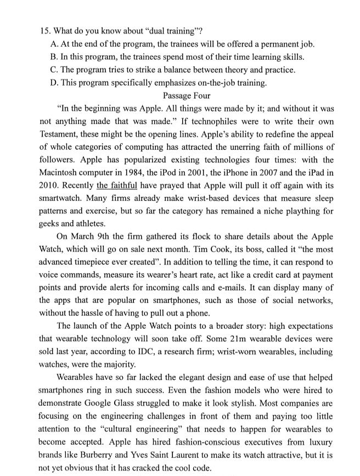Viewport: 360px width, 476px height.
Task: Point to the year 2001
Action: point(207,173)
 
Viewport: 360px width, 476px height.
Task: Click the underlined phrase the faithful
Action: point(116,187)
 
